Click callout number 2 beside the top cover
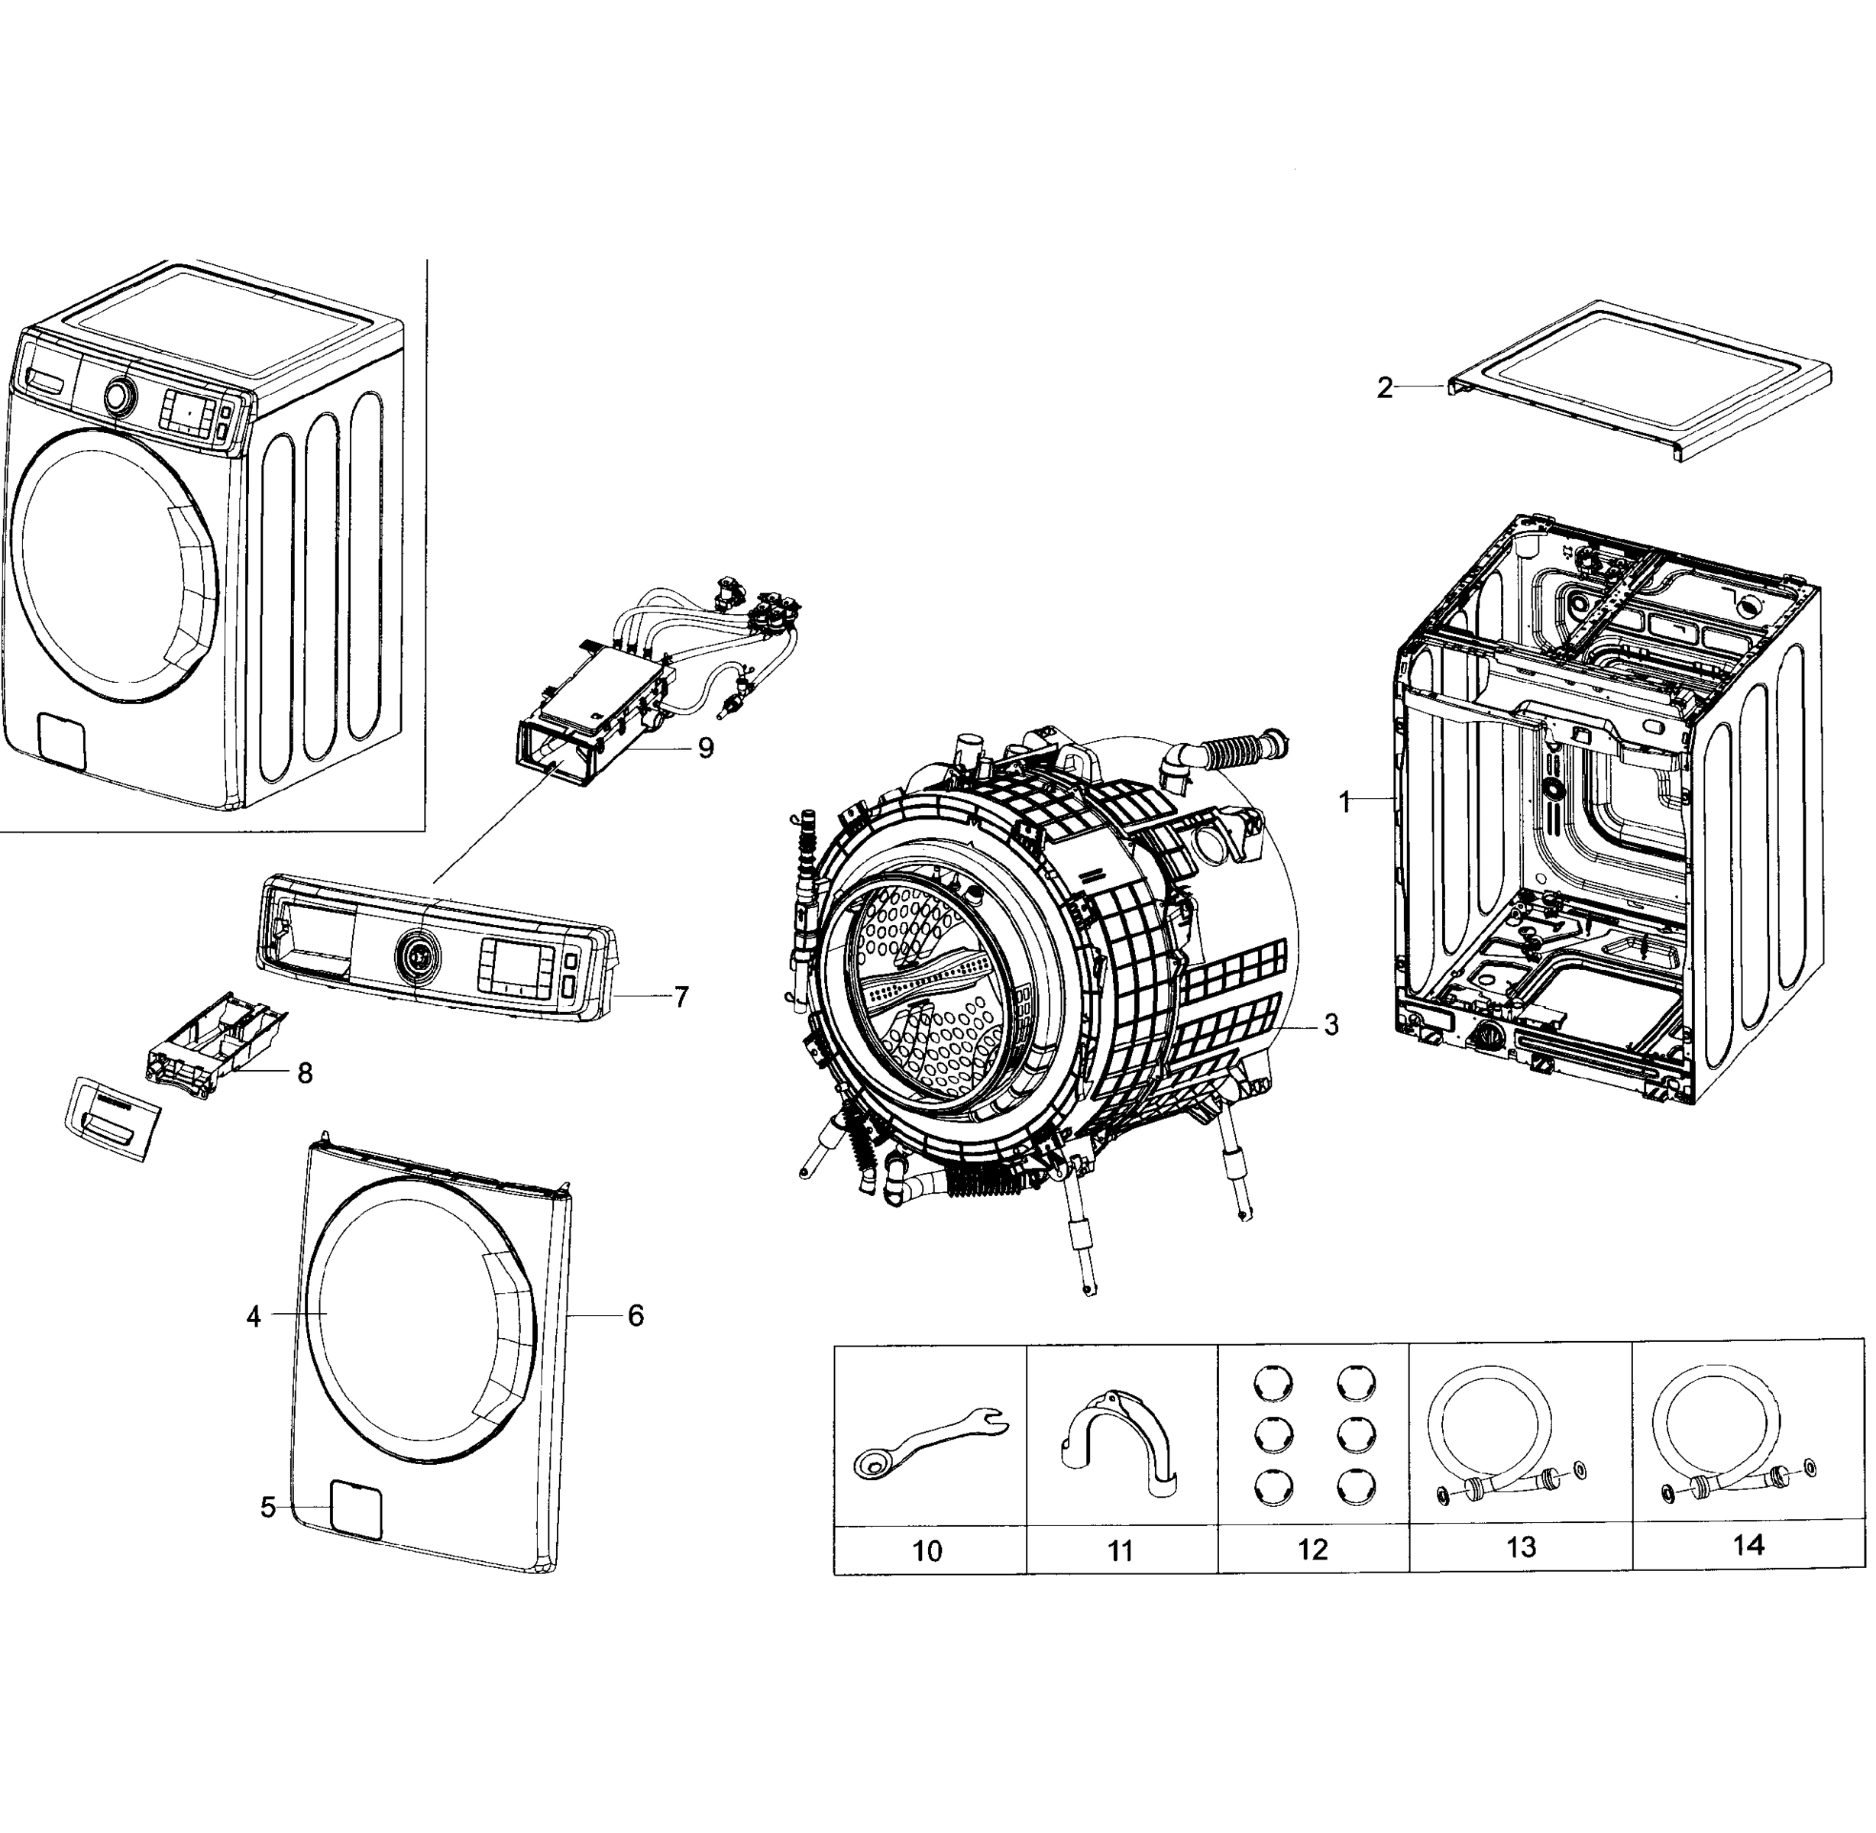point(1384,388)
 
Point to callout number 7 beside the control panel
point(681,997)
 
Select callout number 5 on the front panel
point(267,1508)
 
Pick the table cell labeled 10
point(927,1551)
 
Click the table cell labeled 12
point(1312,1550)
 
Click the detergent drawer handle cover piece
point(112,1117)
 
